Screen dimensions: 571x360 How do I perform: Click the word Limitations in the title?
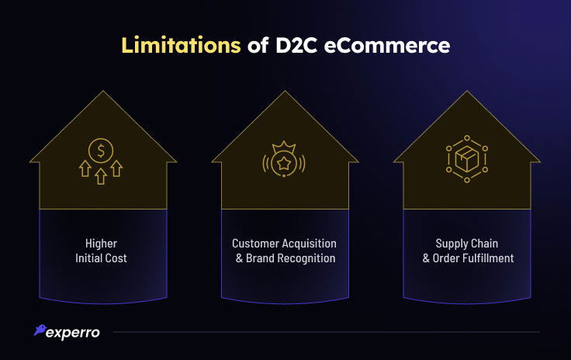pos(180,46)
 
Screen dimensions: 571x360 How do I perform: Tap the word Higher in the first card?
pos(102,244)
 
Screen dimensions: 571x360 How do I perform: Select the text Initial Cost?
pos(102,258)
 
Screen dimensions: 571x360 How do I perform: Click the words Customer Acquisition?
pos(285,244)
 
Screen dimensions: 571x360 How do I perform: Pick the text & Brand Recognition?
pos(285,258)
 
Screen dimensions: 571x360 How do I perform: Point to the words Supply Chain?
pos(468,244)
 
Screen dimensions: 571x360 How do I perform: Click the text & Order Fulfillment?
pos(468,258)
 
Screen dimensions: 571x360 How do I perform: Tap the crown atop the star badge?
pos(285,146)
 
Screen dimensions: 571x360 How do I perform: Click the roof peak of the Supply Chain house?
pos(467,92)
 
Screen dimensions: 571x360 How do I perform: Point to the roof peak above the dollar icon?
pos(102,92)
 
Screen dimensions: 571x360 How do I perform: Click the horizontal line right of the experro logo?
pos(326,332)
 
